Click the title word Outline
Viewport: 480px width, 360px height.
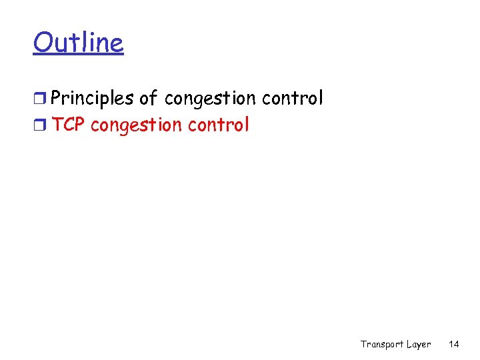(78, 43)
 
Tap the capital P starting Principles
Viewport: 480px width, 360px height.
(56, 99)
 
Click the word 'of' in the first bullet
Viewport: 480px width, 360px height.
(149, 99)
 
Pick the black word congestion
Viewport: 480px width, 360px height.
(210, 99)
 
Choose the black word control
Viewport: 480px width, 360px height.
(292, 99)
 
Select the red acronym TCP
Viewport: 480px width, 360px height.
(69, 125)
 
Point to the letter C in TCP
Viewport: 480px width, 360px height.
(69, 125)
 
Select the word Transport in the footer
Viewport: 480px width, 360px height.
(382, 344)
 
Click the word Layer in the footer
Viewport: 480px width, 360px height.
(419, 344)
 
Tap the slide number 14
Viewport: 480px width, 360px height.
(454, 344)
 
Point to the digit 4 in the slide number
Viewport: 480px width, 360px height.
(457, 344)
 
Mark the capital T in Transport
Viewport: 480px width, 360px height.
(364, 344)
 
